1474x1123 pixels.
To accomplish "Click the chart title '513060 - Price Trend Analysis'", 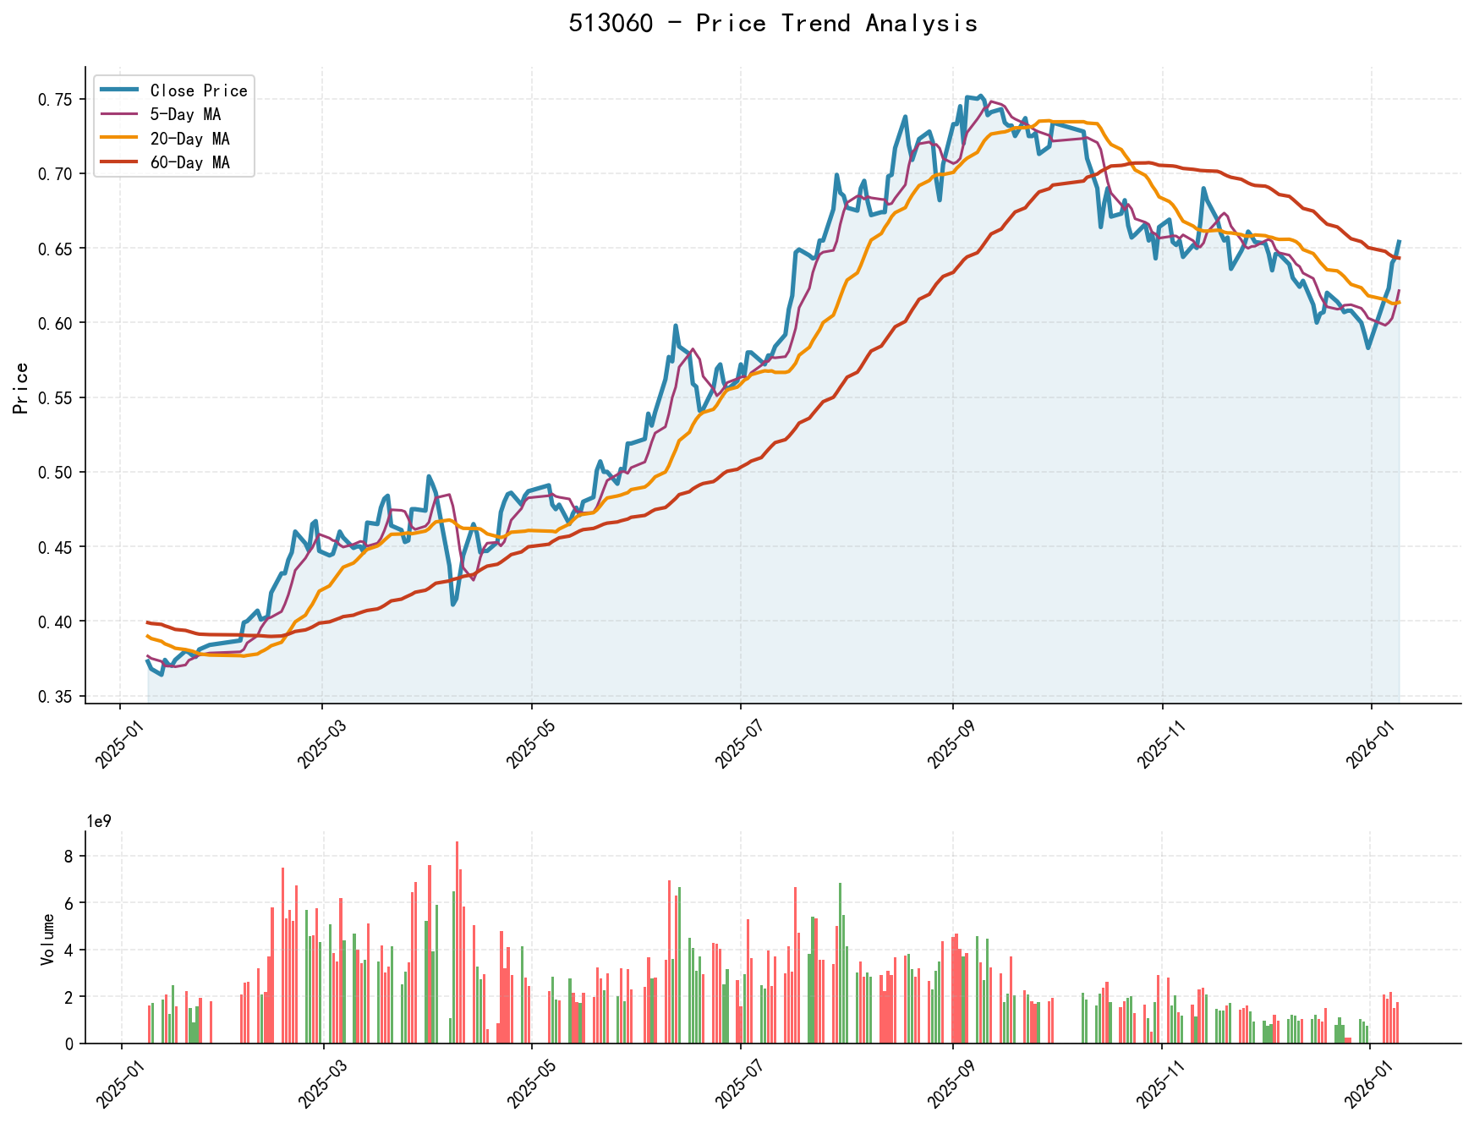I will coord(773,24).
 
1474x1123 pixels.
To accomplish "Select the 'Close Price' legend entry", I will coord(198,90).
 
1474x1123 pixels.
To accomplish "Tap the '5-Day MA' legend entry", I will coord(185,114).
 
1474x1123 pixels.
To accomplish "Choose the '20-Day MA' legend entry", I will coord(189,139).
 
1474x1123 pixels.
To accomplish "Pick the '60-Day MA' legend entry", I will coord(189,162).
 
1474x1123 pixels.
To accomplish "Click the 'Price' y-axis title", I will coord(22,387).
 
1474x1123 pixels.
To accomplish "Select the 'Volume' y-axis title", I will coord(47,939).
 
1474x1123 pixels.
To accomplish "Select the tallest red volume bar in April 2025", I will coord(457,942).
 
